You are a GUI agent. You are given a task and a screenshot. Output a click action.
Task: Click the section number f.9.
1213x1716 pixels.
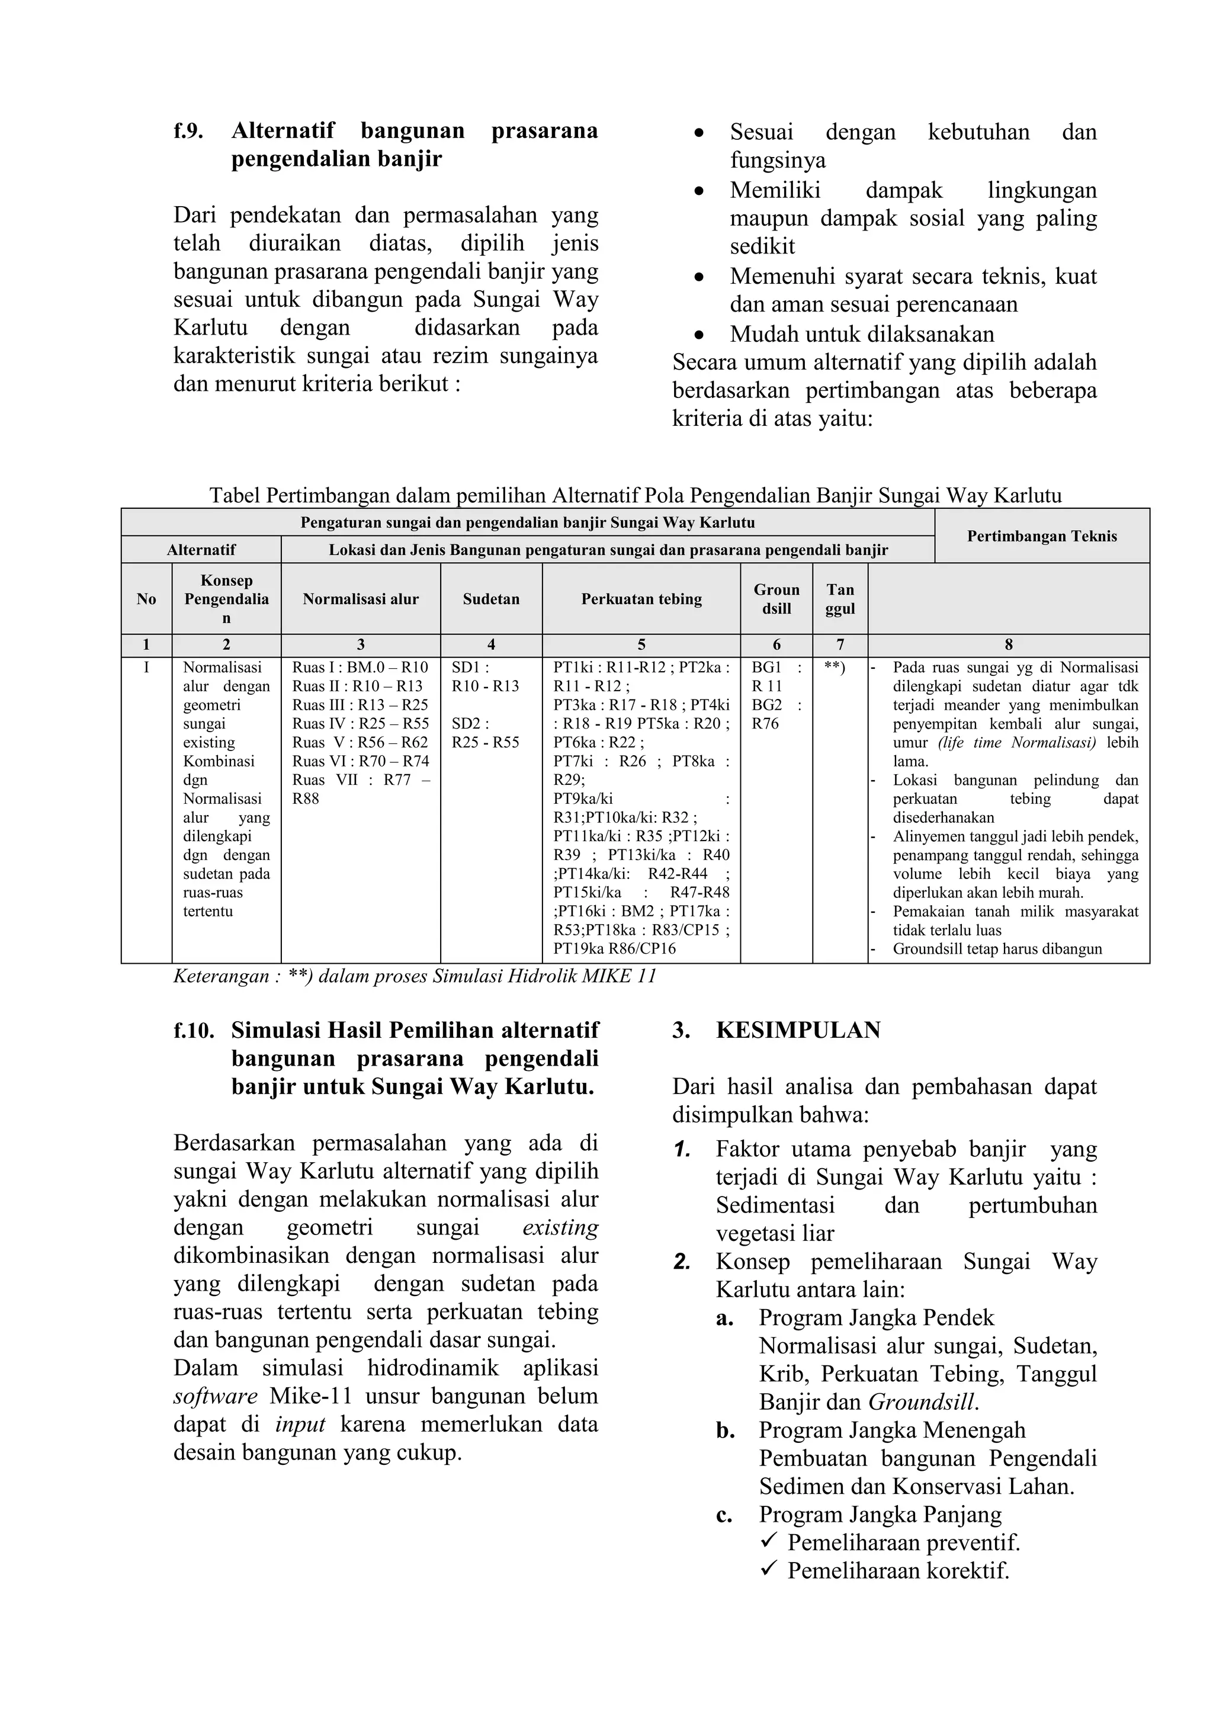click(x=188, y=131)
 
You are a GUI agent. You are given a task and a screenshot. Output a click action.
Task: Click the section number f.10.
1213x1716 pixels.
click(x=193, y=1031)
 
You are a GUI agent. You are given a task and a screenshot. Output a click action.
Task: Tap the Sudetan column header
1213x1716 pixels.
click(x=490, y=599)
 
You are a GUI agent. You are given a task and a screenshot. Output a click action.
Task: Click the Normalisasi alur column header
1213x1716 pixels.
click(x=360, y=599)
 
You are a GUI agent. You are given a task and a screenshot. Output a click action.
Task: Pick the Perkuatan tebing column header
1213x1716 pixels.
click(x=641, y=599)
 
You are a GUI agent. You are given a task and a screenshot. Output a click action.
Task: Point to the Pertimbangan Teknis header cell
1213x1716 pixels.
click(x=1041, y=536)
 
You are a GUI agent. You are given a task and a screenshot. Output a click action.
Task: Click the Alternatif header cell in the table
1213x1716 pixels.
click(x=201, y=550)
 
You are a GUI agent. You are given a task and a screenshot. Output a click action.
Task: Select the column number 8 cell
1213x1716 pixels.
click(x=1008, y=645)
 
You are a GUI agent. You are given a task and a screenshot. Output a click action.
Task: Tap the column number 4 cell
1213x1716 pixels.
click(x=490, y=645)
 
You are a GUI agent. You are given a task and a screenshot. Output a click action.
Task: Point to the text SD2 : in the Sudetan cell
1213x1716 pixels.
click(x=470, y=723)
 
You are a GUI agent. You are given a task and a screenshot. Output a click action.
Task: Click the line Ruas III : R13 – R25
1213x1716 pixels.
click(x=360, y=705)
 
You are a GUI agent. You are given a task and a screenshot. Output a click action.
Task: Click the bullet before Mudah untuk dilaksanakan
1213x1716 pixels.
click(x=699, y=334)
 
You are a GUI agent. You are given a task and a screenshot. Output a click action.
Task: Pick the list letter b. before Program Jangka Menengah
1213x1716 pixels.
click(x=725, y=1430)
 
